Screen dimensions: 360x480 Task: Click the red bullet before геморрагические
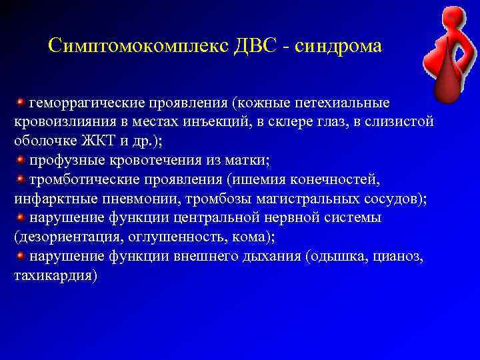pyautogui.click(x=21, y=103)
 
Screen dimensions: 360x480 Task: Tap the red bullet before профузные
pyautogui.click(x=21, y=161)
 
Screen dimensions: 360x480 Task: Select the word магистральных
pyautogui.click(x=278, y=199)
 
